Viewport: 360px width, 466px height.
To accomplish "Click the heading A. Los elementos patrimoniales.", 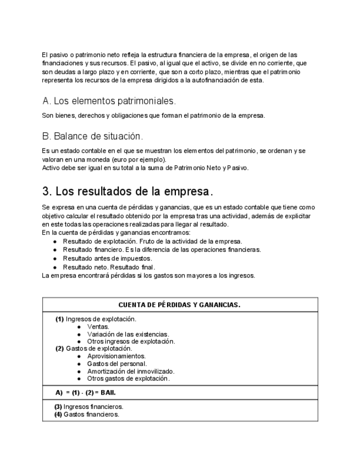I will pos(109,101).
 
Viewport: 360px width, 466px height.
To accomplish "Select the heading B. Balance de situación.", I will pos(92,136).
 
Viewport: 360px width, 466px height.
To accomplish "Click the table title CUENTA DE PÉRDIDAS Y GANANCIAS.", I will pos(179,305).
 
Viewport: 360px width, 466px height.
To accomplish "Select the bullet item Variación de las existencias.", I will pos(128,334).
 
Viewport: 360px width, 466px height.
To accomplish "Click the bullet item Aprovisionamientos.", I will pos(117,356).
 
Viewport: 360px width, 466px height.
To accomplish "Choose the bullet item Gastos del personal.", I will pos(117,363).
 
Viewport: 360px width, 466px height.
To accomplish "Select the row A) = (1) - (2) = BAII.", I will pos(86,393).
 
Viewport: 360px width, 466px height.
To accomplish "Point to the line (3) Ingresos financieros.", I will pos(88,407).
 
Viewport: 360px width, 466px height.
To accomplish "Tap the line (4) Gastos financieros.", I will pos(86,414).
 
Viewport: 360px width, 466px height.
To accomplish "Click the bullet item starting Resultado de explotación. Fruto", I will pos(152,241).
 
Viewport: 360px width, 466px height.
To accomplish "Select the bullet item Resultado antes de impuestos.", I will pos(107,258).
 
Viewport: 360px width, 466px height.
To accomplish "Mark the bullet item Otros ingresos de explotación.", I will pos(131,341).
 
